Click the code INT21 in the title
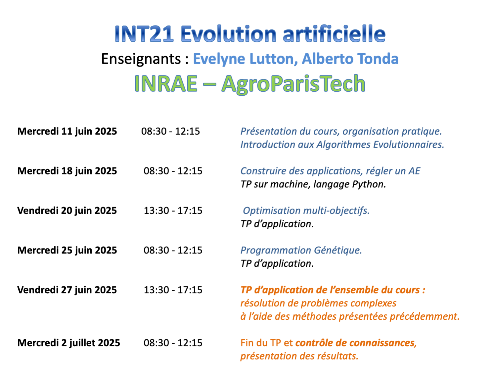point(144,34)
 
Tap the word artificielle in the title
point(334,34)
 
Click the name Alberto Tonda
point(350,59)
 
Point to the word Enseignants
point(141,59)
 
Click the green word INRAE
point(166,84)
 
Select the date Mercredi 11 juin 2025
point(67,131)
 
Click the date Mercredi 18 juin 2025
point(67,171)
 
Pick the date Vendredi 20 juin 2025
point(67,210)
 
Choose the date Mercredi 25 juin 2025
point(67,251)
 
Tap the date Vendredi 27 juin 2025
point(67,290)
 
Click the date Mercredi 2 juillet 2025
point(69,343)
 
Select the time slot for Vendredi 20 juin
point(173,210)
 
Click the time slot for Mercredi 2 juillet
point(173,343)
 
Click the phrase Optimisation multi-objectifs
point(306,211)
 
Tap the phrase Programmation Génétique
point(301,251)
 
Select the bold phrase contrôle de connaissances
point(356,343)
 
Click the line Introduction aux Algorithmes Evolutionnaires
point(342,145)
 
